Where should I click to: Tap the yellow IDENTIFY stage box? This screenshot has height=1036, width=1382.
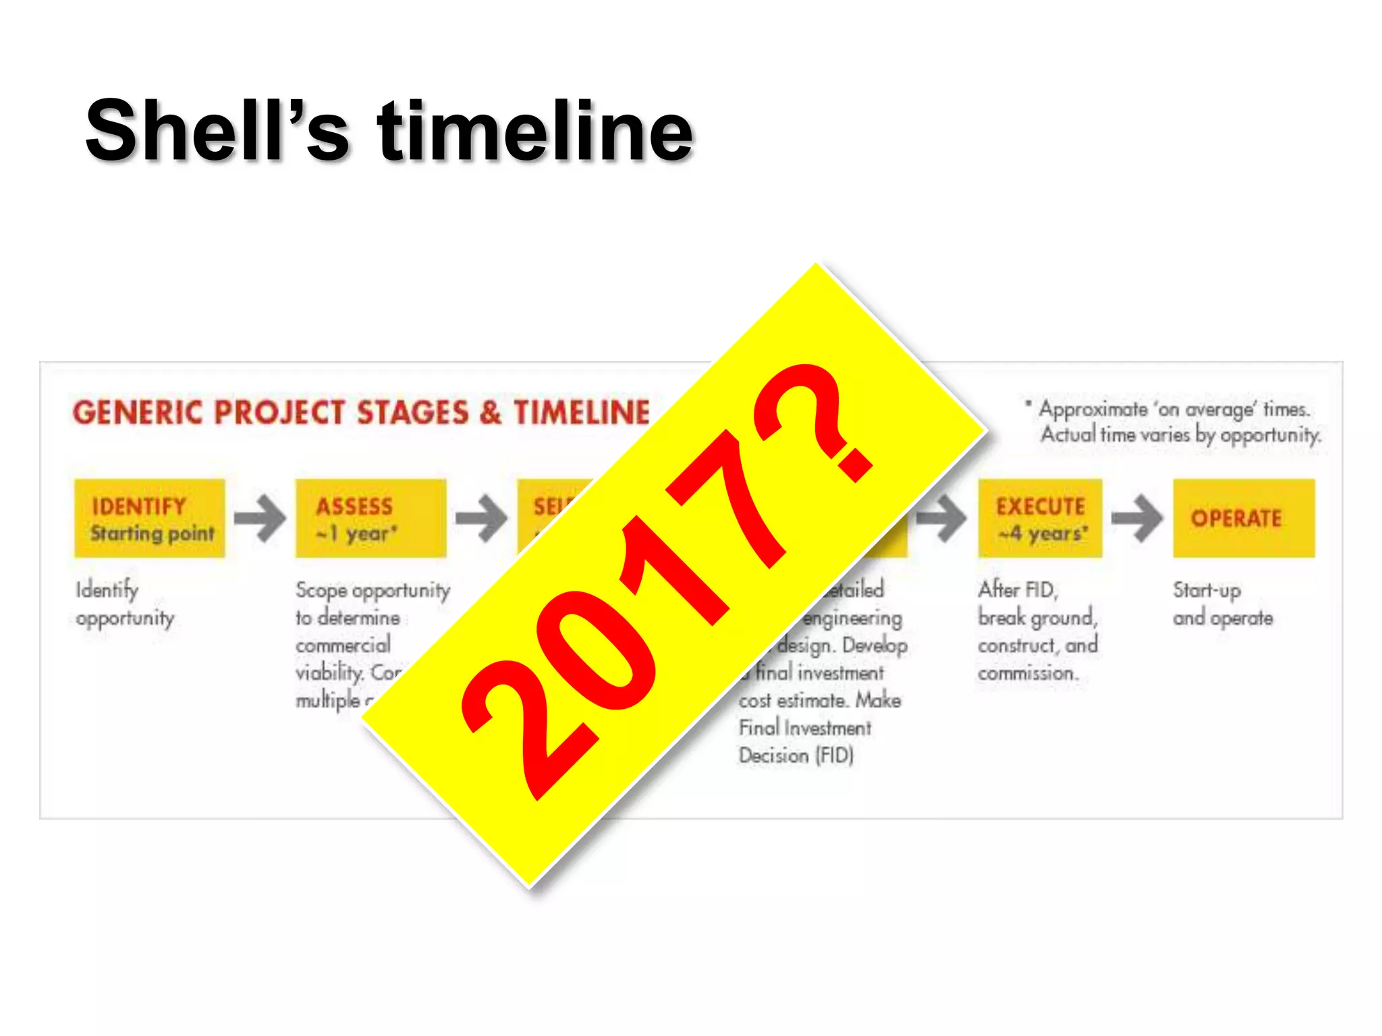[149, 518]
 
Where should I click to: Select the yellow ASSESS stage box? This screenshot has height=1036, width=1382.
[370, 518]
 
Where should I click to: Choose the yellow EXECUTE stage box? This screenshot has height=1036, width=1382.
[1040, 518]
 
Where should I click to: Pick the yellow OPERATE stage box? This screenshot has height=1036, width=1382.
[1243, 518]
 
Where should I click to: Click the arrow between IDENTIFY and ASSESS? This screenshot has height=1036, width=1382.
[260, 518]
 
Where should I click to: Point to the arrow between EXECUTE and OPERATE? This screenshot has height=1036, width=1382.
[1137, 518]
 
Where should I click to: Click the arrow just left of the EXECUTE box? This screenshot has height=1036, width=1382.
[942, 518]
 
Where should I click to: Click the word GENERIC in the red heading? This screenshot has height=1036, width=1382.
[138, 412]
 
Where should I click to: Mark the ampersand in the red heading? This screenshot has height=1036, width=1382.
[491, 412]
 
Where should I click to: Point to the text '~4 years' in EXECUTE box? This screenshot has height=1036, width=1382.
[1043, 534]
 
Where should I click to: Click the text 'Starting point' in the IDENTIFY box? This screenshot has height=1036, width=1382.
[153, 534]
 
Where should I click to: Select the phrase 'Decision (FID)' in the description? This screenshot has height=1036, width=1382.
[796, 755]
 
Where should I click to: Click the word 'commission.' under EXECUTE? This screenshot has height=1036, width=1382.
[1028, 673]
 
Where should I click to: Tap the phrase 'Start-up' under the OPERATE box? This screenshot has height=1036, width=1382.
[1207, 590]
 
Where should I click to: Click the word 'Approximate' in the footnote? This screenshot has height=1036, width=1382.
[1093, 409]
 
